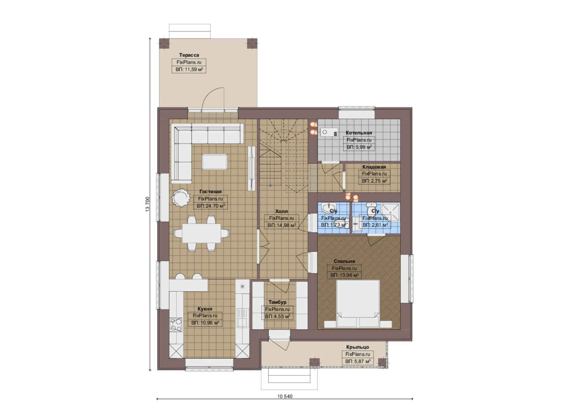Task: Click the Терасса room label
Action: point(189,55)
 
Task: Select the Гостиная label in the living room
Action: point(211,191)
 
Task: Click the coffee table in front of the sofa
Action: point(214,162)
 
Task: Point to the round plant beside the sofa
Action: point(181,197)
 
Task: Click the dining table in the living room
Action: point(201,233)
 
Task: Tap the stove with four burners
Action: point(176,325)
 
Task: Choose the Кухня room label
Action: point(205,309)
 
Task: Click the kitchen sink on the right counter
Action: point(242,318)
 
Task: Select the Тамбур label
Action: point(278,302)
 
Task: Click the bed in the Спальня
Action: point(358,304)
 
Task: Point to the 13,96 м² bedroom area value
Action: point(347,275)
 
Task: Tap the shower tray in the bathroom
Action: point(390,212)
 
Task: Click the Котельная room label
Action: point(359,133)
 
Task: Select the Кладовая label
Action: point(374,167)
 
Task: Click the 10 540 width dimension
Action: point(285,396)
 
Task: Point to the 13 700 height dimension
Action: point(147,204)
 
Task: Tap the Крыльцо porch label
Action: point(358,347)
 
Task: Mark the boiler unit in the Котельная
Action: point(329,132)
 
